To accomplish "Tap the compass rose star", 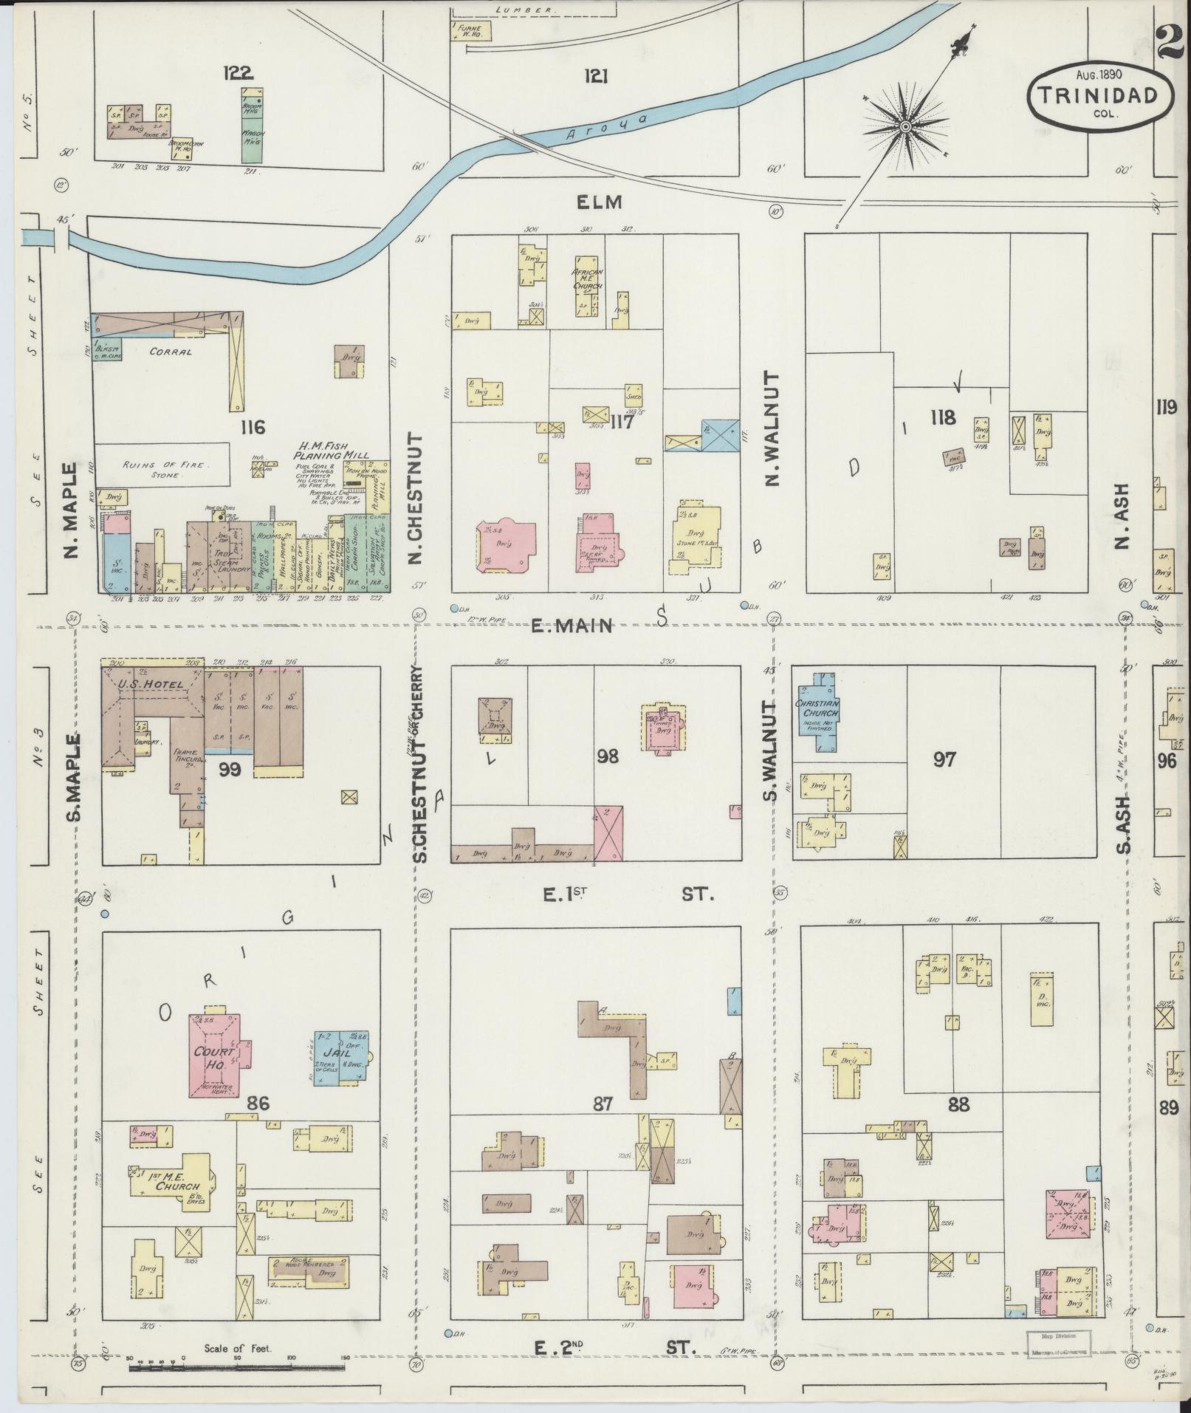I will [904, 128].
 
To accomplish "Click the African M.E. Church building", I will [588, 284].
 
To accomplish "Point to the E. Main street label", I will [573, 626].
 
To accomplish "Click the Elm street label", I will [600, 202].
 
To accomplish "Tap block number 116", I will [251, 427].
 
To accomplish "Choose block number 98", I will [610, 756].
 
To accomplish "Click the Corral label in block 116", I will [171, 352].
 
